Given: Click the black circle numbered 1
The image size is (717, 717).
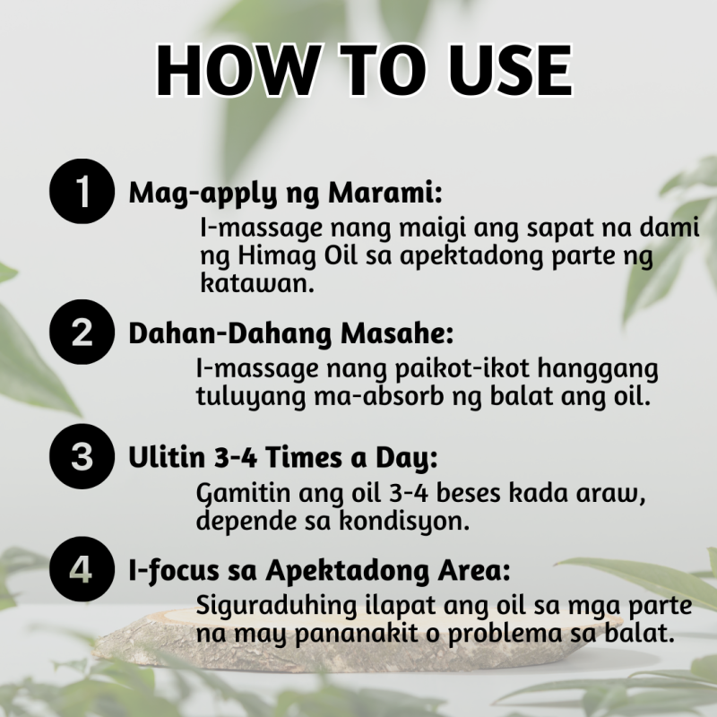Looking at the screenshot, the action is pos(82,191).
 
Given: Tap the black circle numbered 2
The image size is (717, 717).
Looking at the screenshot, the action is pos(82,332).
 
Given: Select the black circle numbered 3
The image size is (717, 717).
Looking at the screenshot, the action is pos(82,456).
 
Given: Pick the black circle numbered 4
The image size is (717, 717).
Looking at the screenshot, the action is pos(82,569).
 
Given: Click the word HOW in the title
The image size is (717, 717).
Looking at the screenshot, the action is pos(238,70).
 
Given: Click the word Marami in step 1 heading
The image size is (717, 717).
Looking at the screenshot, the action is pos(385,193).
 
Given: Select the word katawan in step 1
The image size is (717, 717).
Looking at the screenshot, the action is pos(257,283).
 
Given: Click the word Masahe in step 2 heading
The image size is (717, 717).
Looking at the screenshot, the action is pos(397,333).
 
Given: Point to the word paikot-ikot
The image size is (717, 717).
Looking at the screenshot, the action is pos(462,369).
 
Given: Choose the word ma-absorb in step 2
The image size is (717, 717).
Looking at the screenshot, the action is pos(378,396).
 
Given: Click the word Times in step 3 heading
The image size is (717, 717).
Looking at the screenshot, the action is pos(304,457).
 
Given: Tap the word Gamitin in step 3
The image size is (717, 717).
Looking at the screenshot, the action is pos(243,494).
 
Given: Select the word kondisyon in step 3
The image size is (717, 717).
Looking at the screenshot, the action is pos(404,522).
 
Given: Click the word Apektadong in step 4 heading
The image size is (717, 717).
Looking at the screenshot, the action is pos(348,572).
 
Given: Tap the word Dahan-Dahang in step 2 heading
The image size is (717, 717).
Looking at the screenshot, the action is pos(229,334).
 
